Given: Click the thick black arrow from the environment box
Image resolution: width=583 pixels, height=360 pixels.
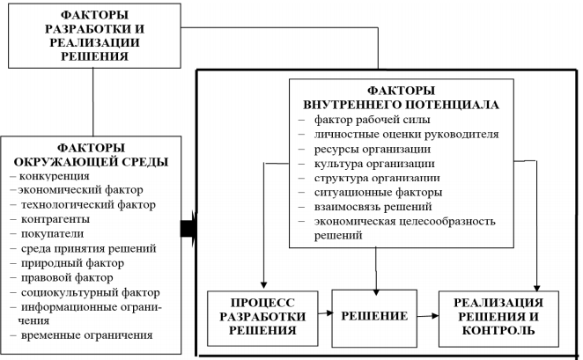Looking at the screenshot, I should (188, 230).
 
